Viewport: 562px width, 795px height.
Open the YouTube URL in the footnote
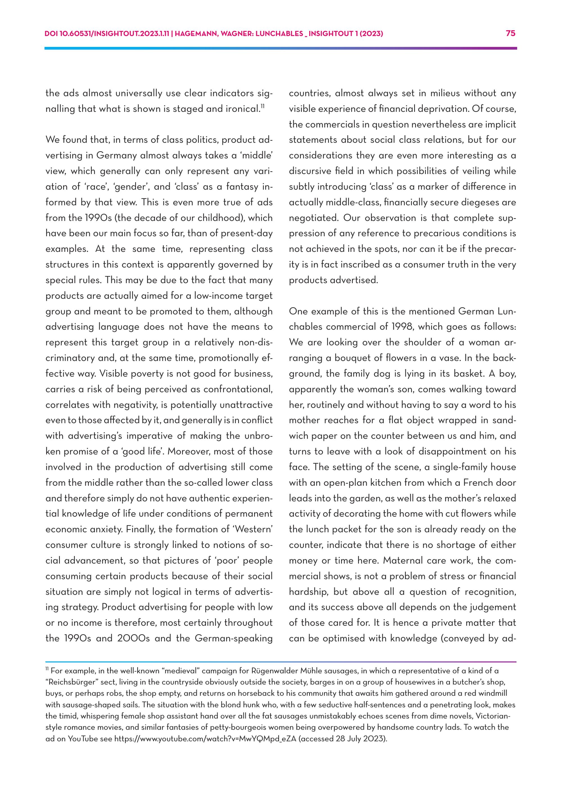[205, 738]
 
